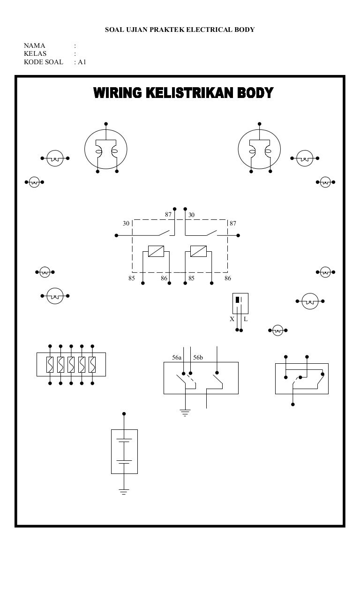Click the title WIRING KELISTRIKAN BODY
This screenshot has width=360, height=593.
coord(183,93)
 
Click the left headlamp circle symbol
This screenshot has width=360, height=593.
coord(106,149)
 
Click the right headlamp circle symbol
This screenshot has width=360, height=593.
coord(260,149)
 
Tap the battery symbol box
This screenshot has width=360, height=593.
coord(124,451)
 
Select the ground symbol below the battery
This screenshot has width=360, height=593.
coord(124,491)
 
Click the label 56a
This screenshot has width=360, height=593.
coord(176,358)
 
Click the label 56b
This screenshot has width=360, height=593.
coord(198,358)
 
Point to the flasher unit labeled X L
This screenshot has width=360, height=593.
coord(240,303)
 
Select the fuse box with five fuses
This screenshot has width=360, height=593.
coord(71,364)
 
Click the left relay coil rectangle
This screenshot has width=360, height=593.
coord(156,251)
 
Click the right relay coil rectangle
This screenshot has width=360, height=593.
coord(198,251)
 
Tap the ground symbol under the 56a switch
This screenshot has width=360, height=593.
coord(186,413)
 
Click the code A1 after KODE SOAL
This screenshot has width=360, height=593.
coord(82,61)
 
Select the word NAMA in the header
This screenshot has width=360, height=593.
coord(34,45)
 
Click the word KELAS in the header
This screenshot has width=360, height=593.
coord(35,53)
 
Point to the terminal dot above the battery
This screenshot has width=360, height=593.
coord(124,414)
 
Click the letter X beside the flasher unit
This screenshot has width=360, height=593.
coord(232,319)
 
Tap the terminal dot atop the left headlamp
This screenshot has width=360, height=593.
coord(106,124)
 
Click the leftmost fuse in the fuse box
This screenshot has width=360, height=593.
coord(50,364)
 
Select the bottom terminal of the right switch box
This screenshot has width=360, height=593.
coord(293,404)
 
